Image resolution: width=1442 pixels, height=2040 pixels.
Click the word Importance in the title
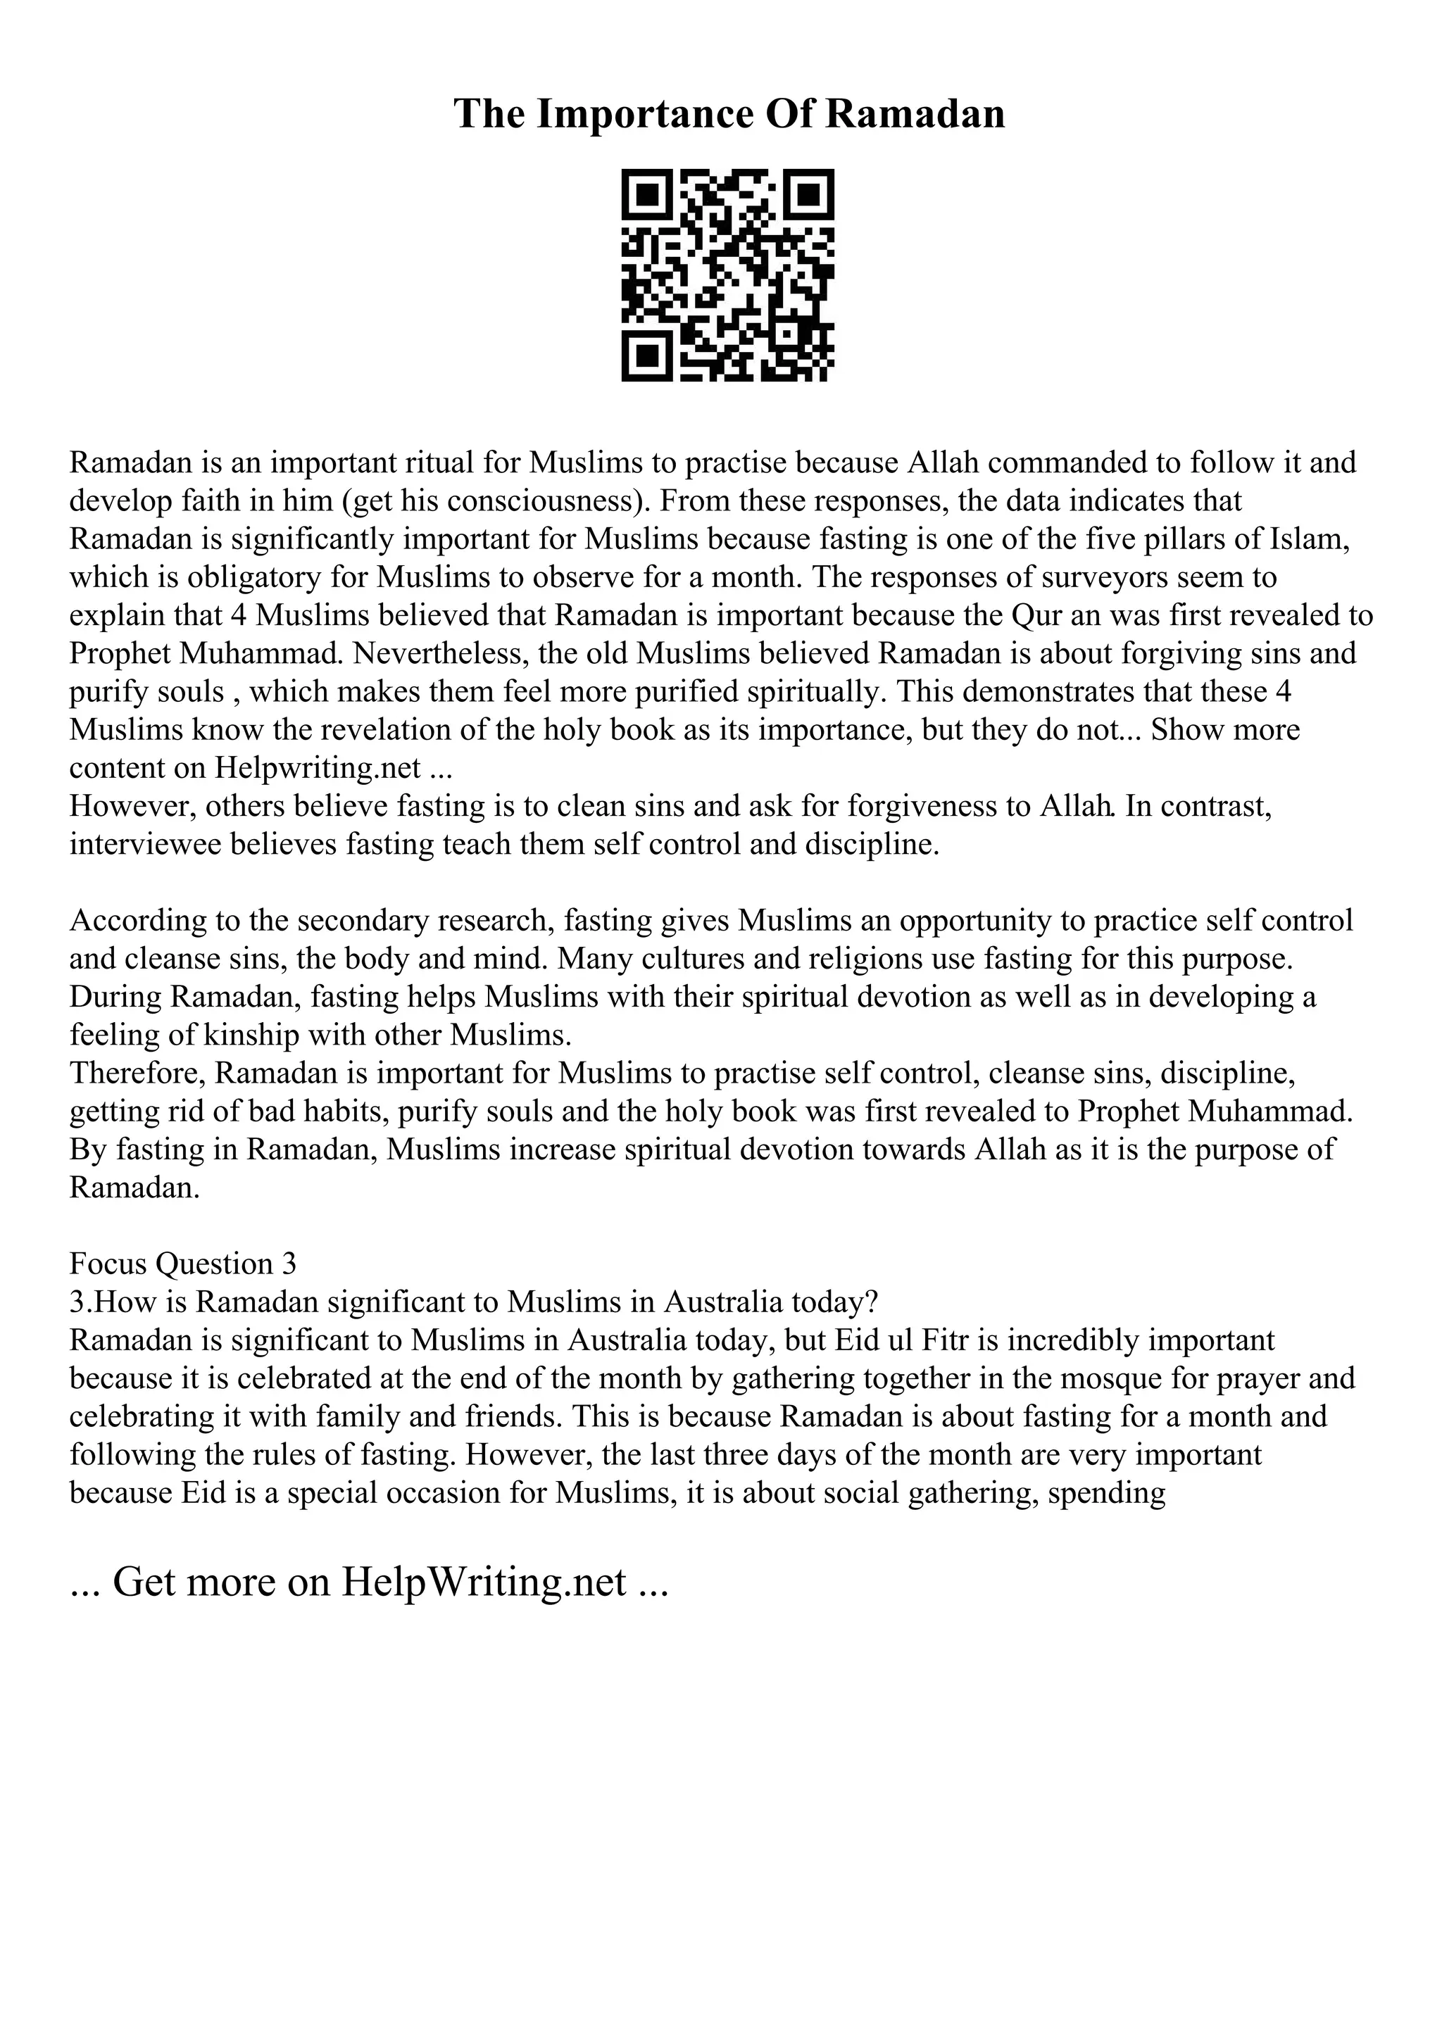pyautogui.click(x=640, y=115)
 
